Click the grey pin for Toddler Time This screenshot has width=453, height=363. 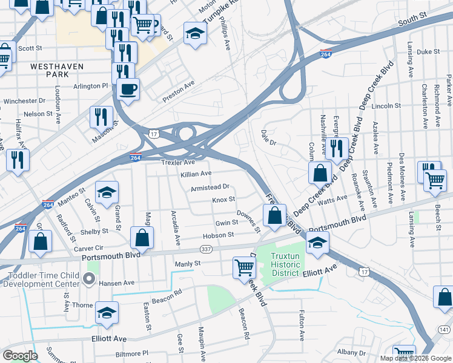90,279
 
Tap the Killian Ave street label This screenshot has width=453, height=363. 196,174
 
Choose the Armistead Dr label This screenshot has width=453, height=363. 210,188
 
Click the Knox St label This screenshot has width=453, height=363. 223,200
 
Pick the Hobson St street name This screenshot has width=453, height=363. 219,235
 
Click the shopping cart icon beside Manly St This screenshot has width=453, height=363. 244,266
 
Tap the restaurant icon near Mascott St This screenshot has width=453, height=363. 101,116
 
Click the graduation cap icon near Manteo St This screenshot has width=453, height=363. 107,192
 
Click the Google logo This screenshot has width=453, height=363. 21,356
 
